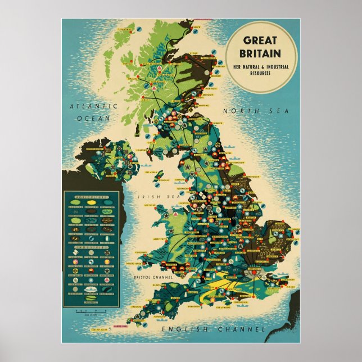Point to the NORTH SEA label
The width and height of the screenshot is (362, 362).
256,111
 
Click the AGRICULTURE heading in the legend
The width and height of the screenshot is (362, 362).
91,196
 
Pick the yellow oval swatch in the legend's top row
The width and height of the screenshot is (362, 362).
91,202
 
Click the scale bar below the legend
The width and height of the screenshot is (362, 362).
90,311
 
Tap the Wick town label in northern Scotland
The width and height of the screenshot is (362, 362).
197,26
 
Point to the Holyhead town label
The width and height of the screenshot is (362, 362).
148,206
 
